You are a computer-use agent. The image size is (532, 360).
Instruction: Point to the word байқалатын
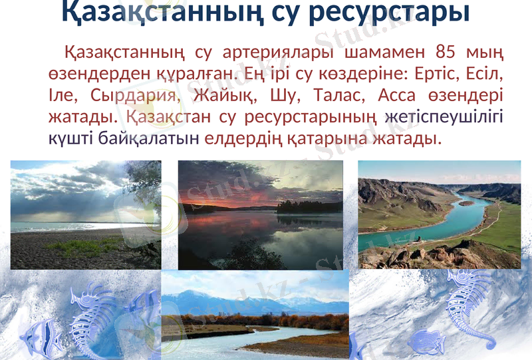pos(150,139)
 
